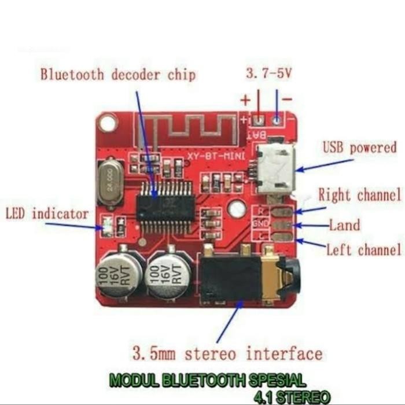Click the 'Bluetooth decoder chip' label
tap(117, 75)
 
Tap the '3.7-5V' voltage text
tap(270, 73)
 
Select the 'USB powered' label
tap(359, 148)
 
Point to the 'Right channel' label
tap(359, 195)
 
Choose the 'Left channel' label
tap(363, 250)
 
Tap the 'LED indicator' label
tap(47, 213)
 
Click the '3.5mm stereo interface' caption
tap(227, 352)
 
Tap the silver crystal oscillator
tap(111, 183)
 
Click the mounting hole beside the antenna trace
tap(107, 123)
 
